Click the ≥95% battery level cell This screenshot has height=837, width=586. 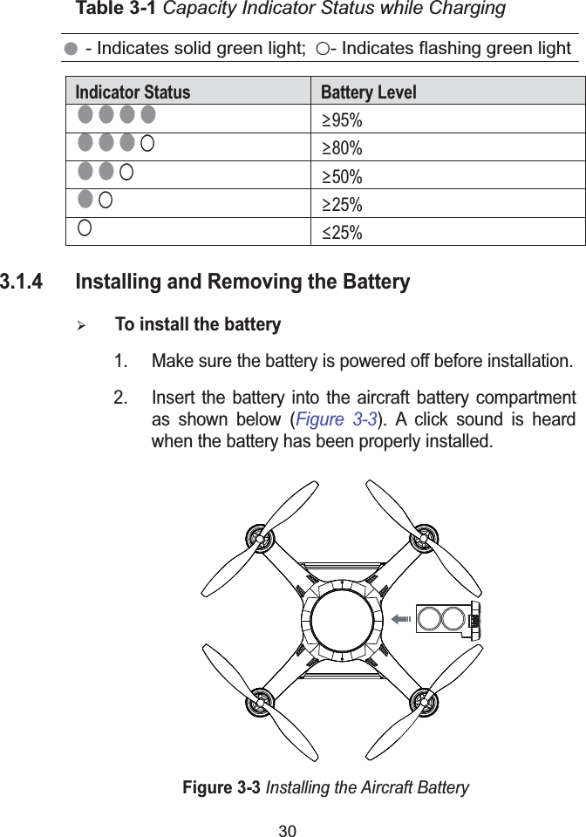342,120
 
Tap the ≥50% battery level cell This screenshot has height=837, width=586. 342,177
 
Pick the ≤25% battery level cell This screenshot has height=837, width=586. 342,232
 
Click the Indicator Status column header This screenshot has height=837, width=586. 133,92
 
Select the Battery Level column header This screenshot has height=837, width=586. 369,92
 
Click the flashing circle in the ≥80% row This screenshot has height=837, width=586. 148,143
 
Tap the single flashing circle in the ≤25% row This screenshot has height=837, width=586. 84,228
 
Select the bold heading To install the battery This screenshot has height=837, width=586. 198,325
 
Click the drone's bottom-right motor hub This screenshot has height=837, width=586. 424,701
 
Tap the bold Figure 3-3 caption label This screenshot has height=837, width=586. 221,788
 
